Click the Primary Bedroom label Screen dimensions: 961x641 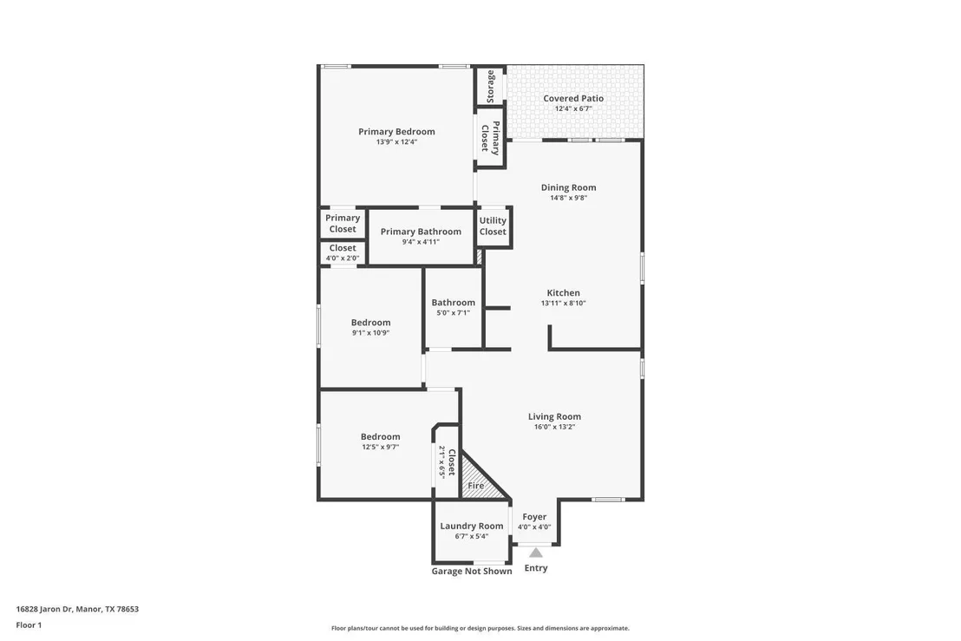[396, 131]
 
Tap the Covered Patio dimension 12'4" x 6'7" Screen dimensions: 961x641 [573, 108]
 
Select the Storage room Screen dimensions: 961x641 [490, 86]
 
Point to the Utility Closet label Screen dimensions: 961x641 [493, 226]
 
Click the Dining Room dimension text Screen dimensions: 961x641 [568, 198]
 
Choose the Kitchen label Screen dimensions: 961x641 [563, 293]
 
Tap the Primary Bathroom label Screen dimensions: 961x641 [421, 231]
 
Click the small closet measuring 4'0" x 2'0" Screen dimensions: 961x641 [343, 252]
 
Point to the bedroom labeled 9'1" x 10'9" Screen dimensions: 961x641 [371, 328]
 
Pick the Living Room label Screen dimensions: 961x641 [555, 416]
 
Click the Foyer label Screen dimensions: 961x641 [534, 517]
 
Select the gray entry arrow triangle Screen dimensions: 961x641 [536, 553]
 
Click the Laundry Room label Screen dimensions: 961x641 [471, 526]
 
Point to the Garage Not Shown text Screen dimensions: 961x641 [471, 571]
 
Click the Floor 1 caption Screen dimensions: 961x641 [29, 625]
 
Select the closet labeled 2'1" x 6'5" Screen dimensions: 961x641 [447, 461]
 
